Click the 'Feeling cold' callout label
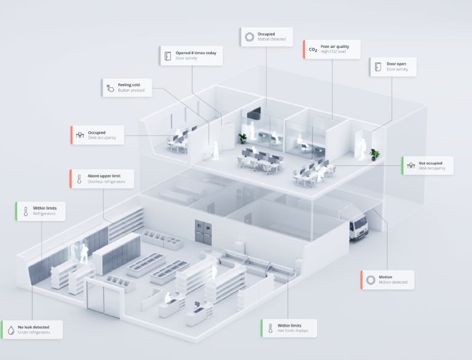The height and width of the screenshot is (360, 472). pos(127,87)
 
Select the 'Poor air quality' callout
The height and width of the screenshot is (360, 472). pos(332,49)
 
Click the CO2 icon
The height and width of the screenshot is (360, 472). pos(313,50)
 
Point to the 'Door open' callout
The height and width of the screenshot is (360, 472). pos(393,66)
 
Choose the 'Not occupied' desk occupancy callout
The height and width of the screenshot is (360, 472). pos(428,165)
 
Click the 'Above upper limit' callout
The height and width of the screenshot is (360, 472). pos(102,179)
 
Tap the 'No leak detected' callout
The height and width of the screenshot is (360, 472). pos(32,329)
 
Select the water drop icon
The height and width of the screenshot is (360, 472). pos(11,330)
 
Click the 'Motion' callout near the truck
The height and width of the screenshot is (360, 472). pos(387,280)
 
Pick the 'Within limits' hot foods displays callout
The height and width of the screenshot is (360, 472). pos(289,328)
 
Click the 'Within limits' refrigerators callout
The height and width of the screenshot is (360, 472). pos(41,211)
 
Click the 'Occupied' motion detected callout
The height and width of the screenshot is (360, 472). pos(265,36)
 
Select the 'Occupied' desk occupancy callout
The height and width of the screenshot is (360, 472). pos(98,135)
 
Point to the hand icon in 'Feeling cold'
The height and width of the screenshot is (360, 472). pos(109,88)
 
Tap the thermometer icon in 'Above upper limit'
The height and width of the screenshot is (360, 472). pos(80,179)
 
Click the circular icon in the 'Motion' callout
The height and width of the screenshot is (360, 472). pos(371,280)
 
